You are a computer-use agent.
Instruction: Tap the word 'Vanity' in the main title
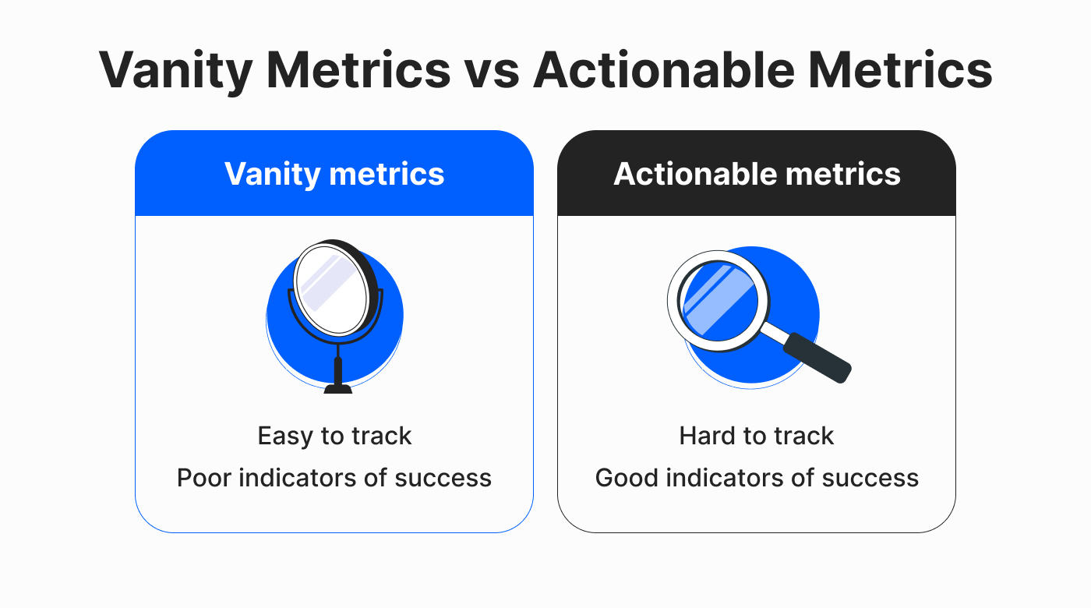(175, 72)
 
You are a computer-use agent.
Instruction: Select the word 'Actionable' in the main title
(664, 70)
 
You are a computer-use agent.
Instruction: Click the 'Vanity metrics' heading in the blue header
(334, 174)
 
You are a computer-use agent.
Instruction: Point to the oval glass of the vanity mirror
(332, 290)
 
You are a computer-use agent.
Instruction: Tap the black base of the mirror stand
(338, 388)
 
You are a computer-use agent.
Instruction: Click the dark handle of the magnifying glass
(817, 358)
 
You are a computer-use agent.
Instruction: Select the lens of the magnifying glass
(719, 301)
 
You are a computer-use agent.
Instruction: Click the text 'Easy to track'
(334, 436)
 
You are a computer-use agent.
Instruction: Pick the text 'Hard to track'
(757, 436)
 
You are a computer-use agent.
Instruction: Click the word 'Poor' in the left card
(204, 478)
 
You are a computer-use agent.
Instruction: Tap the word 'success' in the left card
(443, 479)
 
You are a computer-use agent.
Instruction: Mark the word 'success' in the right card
(870, 479)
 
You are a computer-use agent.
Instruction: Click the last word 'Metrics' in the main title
(900, 70)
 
